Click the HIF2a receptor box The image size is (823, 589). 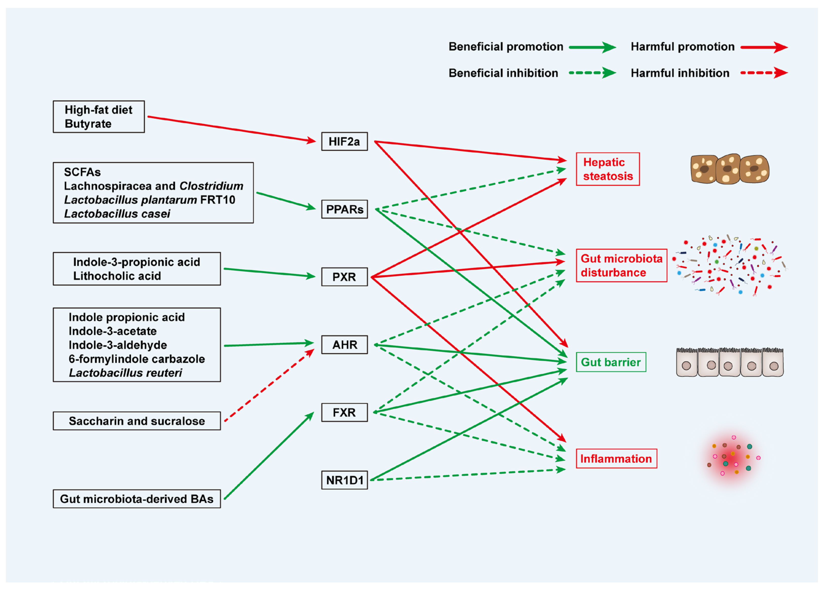pos(344,141)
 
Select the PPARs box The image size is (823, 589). pos(344,209)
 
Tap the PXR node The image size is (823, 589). pos(344,277)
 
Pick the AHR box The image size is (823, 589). pos(344,344)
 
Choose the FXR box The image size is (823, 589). pos(344,412)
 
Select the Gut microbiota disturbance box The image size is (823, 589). pos(621,266)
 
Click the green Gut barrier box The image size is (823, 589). pos(611,362)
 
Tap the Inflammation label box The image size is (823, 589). pos(616,458)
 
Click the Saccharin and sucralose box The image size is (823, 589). pos(137,421)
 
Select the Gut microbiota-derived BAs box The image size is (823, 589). pos(137,499)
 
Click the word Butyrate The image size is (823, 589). pos(88,124)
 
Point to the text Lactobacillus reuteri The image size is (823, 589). pos(125,373)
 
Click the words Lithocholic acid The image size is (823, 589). pos(117,276)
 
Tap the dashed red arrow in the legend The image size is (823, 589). pos(763,73)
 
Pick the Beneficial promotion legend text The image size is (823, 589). pos(506,47)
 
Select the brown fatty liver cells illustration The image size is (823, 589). pos(730,169)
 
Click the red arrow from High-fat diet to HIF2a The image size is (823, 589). pos(232,129)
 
